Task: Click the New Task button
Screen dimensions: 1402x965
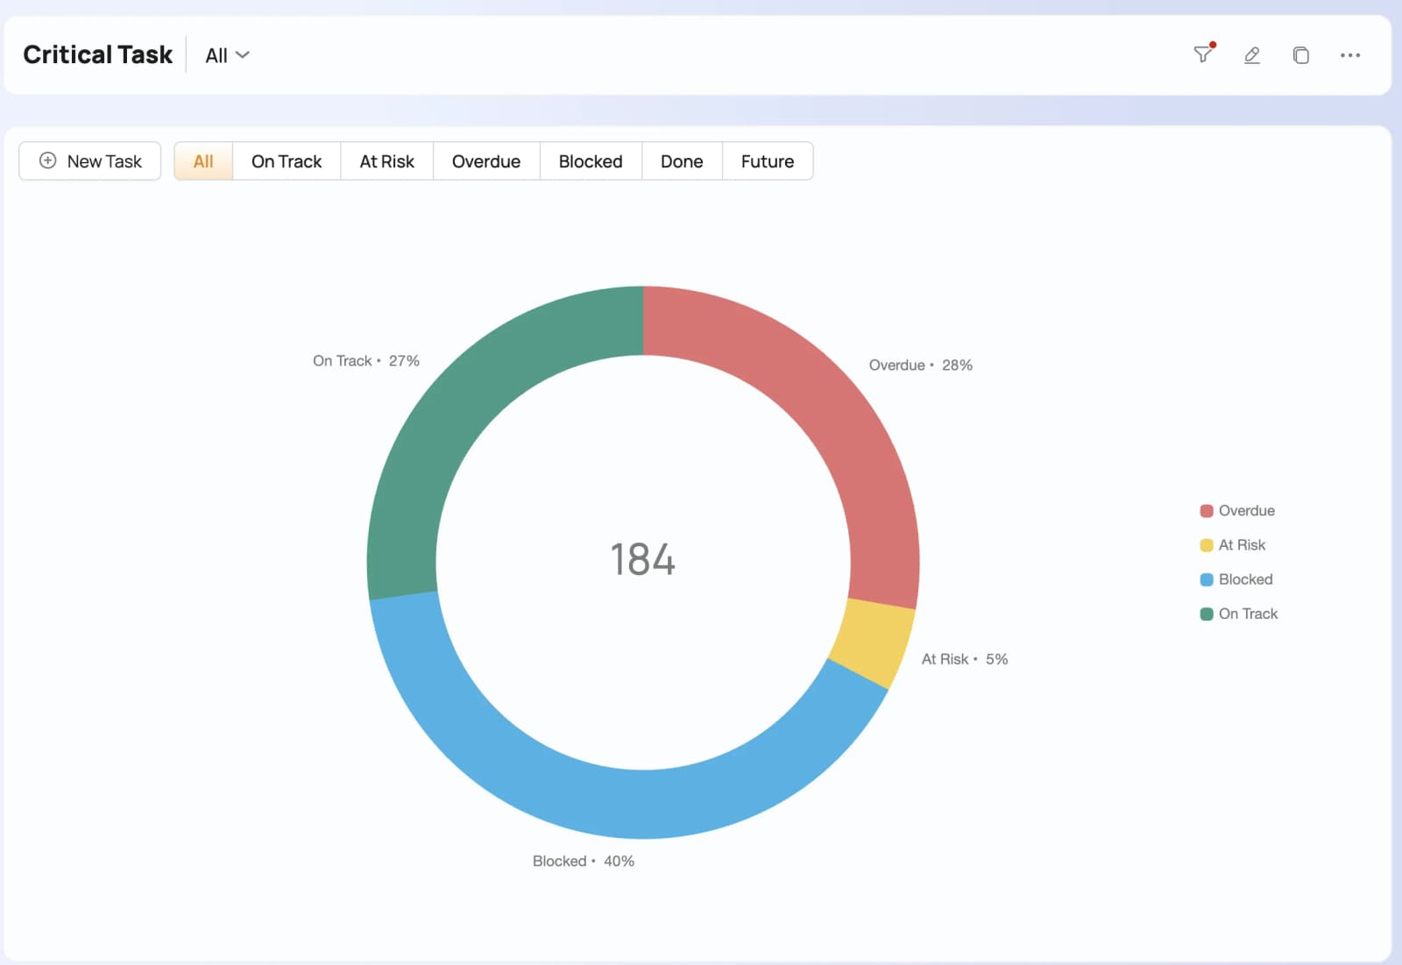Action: [89, 161]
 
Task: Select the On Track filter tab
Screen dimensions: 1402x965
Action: [286, 161]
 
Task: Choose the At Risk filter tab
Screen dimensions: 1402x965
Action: [386, 161]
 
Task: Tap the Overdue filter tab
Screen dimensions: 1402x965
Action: [485, 161]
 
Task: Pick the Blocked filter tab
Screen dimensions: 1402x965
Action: [591, 161]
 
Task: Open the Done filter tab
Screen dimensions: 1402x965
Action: [682, 161]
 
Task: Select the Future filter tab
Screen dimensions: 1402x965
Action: [768, 161]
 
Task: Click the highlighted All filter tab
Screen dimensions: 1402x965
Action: [203, 161]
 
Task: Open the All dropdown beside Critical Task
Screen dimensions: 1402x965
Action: [227, 55]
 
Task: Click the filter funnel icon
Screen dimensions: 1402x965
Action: [1202, 53]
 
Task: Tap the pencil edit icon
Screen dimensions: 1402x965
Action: [1252, 55]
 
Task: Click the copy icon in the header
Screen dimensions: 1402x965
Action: [1300, 55]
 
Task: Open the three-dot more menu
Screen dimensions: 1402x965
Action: [1350, 55]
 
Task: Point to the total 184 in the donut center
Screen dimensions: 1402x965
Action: [643, 559]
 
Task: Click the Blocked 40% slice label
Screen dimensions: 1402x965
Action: [584, 861]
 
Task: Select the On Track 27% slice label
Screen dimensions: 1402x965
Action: [366, 361]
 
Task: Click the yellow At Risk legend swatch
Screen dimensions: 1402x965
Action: [1206, 545]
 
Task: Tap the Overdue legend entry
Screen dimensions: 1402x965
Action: [1236, 510]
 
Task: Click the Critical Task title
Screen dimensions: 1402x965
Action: [97, 54]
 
